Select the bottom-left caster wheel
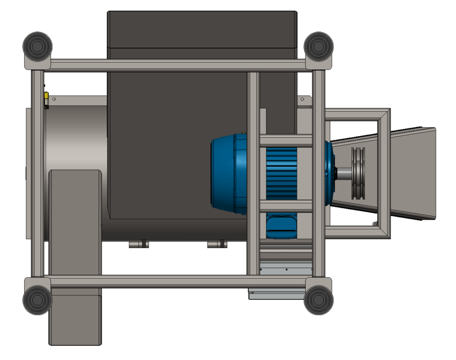(38, 298)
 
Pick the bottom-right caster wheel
(319, 298)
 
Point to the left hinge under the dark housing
(137, 245)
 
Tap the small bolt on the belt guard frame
(374, 224)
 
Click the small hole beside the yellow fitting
(54, 99)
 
